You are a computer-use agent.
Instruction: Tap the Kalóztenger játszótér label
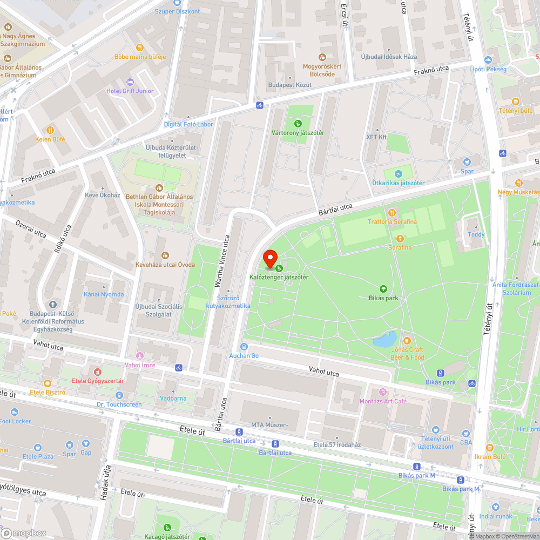(x=279, y=277)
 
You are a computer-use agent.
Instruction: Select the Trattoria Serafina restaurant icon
(x=392, y=212)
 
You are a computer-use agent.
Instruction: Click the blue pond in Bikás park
(x=384, y=340)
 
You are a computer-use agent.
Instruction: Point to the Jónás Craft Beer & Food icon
(x=407, y=340)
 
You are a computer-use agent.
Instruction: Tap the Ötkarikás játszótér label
(x=398, y=183)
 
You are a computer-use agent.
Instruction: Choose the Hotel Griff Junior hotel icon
(x=130, y=82)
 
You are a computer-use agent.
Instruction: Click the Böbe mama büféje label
(x=140, y=57)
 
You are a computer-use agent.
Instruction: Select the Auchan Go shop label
(x=244, y=355)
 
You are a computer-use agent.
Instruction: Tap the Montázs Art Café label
(x=383, y=401)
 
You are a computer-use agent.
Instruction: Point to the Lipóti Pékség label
(x=488, y=69)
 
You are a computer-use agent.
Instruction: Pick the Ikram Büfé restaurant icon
(x=489, y=448)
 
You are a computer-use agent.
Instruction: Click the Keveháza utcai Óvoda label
(x=165, y=265)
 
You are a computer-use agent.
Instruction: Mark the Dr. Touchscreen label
(x=119, y=404)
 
